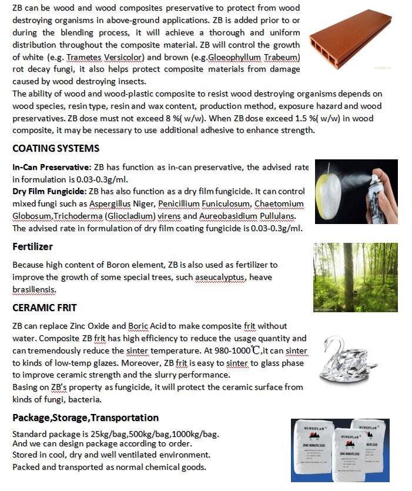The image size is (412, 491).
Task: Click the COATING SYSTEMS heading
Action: pos(56,148)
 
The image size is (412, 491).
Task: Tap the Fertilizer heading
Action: pos(32,246)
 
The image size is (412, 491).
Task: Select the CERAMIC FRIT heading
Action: pos(45,308)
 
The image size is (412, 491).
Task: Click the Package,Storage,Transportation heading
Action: pos(85,417)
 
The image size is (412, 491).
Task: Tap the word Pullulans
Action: pos(258,216)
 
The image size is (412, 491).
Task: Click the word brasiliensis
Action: pos(34,289)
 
